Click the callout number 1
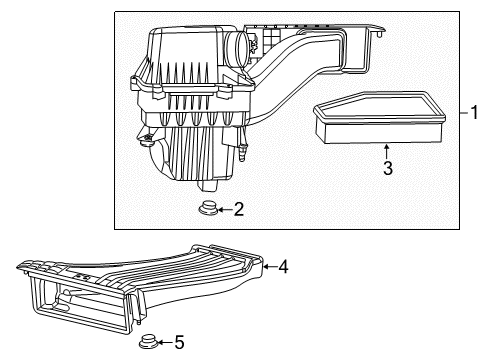click(476, 112)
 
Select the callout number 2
click(238, 210)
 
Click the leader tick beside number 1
click(463, 112)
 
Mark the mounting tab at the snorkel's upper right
click(378, 36)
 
